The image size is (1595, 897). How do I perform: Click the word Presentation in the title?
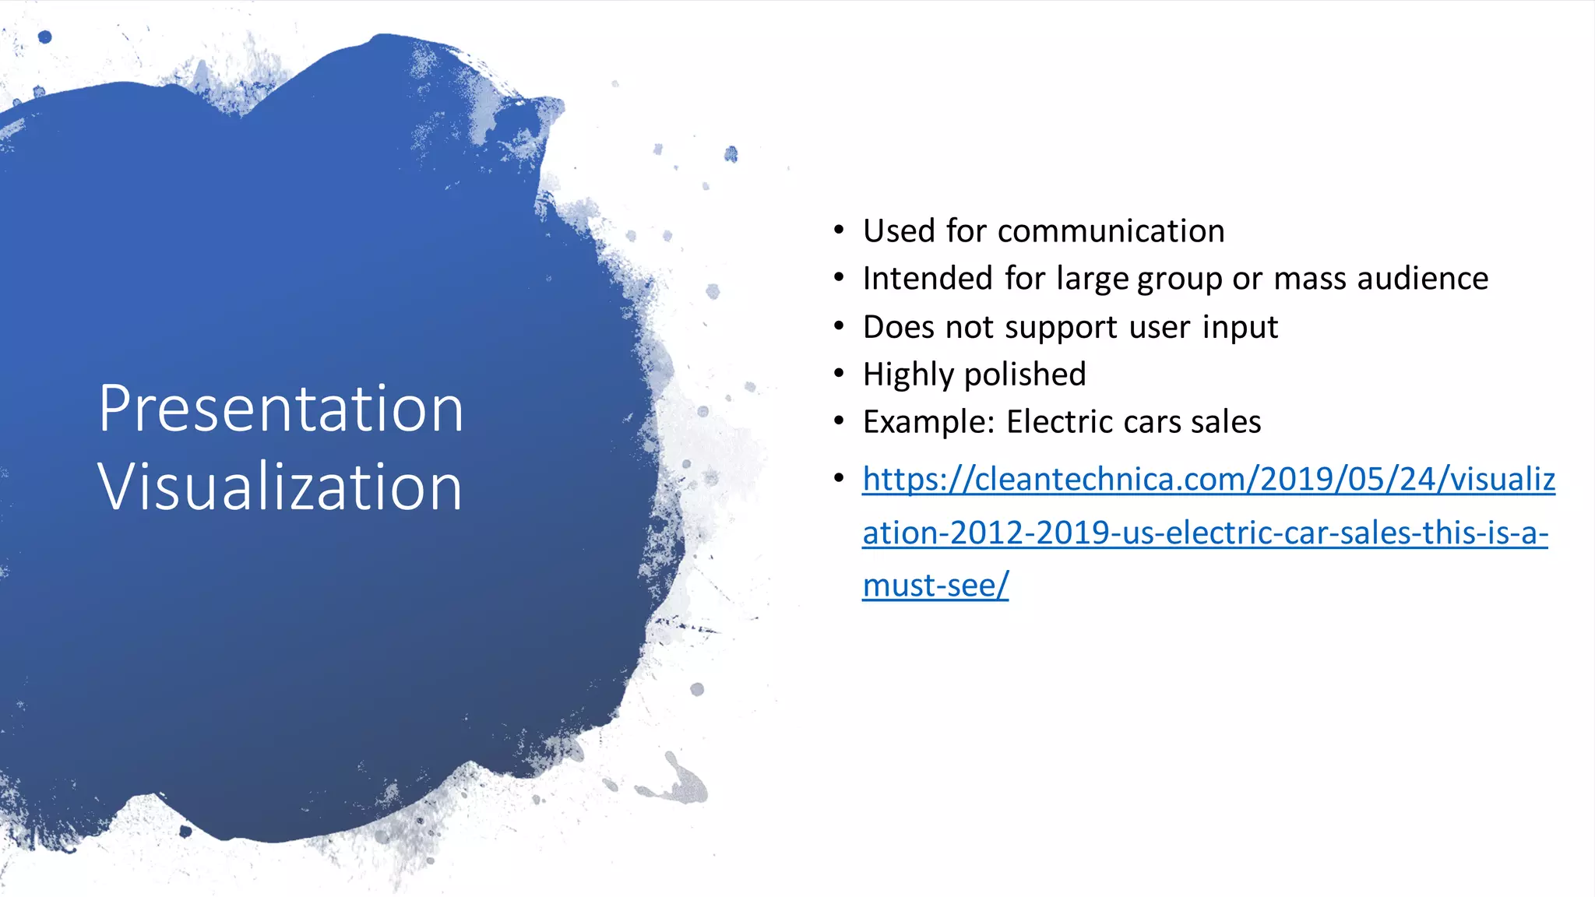click(280, 409)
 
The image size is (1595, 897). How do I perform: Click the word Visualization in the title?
click(280, 487)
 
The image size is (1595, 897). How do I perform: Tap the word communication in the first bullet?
click(1111, 231)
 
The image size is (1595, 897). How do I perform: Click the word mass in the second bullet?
click(1309, 279)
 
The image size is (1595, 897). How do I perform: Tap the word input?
click(1240, 327)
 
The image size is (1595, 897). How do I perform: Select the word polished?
click(1025, 375)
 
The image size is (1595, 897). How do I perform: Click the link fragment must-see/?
click(935, 586)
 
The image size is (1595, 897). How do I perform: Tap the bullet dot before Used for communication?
click(839, 230)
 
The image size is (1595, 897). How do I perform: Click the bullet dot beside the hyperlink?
click(839, 478)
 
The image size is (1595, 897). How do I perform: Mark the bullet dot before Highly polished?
click(839, 374)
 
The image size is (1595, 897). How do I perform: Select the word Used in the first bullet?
click(899, 231)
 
